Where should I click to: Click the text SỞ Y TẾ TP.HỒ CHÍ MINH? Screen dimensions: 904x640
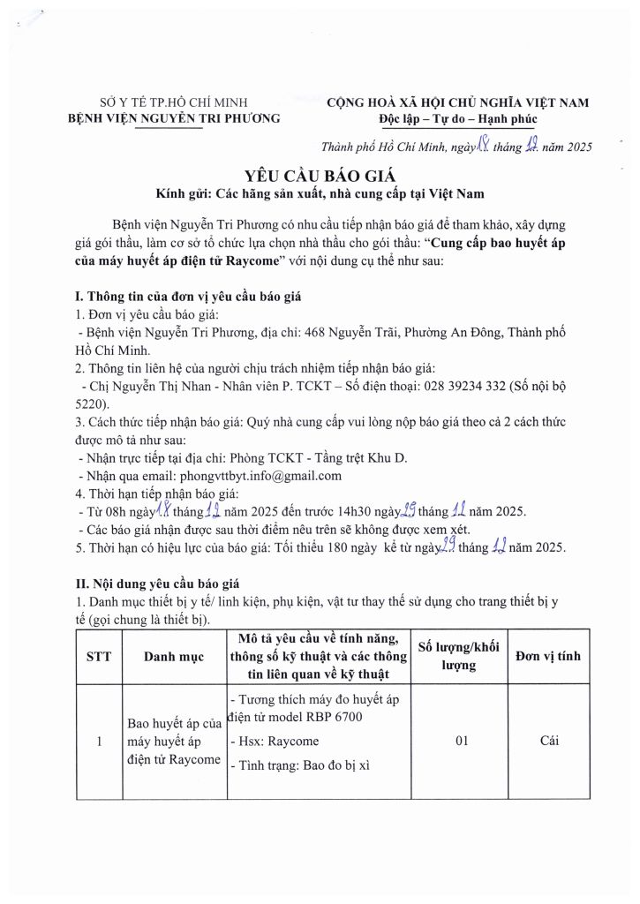[174, 102]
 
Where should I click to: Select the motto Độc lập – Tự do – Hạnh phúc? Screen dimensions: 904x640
[457, 118]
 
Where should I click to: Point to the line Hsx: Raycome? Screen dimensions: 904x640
[275, 741]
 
